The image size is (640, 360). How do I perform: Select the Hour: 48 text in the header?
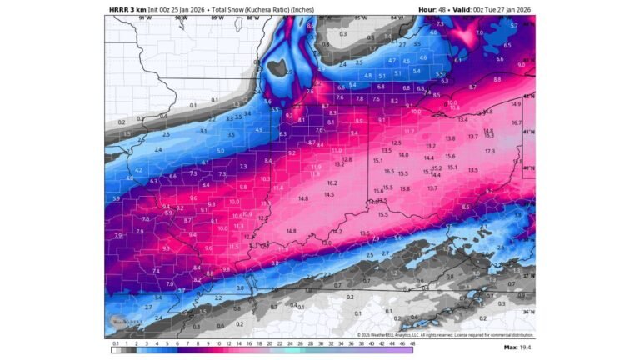point(433,9)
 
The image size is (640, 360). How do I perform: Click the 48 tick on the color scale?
point(412,342)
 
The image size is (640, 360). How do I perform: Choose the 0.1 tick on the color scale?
point(115,342)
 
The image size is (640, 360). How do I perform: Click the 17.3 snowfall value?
point(490,151)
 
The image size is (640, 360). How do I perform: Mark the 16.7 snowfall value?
point(516,122)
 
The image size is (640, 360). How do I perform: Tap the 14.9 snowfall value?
point(516,104)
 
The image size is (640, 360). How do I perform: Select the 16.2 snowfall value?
point(332,182)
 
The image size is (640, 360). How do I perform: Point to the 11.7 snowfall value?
point(408,131)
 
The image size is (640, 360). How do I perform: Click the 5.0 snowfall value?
point(220,150)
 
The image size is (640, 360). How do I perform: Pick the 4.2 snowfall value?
point(139,169)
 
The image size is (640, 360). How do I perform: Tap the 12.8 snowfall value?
point(347,159)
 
